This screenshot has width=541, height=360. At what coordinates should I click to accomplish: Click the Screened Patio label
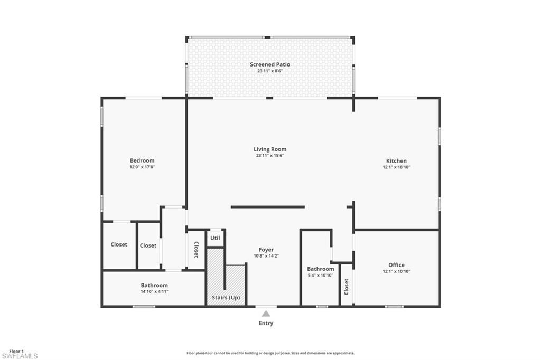[270, 64]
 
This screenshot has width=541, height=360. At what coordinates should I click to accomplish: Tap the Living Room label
[270, 149]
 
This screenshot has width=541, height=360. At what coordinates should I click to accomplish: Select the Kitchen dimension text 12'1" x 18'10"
[396, 167]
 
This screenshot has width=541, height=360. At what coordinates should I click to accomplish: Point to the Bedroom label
[142, 160]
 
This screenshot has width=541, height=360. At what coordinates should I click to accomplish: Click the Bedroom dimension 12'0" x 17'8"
[142, 167]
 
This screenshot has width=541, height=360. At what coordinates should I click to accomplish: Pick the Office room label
[396, 265]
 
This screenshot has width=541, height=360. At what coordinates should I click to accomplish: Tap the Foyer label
[266, 250]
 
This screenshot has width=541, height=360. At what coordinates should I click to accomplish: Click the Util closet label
[215, 238]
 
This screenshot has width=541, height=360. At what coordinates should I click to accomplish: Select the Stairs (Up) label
[226, 298]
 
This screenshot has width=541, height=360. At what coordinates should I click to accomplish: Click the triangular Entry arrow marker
[266, 314]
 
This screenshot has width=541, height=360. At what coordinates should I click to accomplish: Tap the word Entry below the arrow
[266, 323]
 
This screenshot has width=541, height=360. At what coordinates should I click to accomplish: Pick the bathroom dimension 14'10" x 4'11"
[154, 291]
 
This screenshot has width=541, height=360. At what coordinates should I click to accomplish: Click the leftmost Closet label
[119, 244]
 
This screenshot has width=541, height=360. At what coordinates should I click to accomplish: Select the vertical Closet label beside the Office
[347, 286]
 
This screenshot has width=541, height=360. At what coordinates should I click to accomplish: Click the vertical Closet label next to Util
[196, 250]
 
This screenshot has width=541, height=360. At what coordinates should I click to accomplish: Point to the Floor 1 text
[16, 351]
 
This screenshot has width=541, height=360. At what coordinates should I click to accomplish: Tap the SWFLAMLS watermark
[19, 356]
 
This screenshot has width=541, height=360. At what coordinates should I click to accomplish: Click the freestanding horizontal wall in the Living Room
[268, 207]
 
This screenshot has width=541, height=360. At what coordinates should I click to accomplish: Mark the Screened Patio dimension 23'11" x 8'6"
[270, 71]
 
